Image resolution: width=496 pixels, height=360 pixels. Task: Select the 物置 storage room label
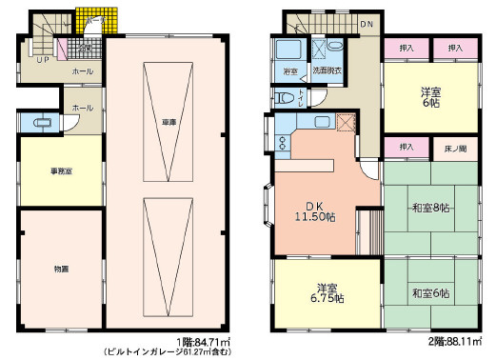click(x=60, y=270)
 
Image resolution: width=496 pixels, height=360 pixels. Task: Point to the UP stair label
click(x=42, y=59)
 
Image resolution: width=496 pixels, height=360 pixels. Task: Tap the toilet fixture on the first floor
click(x=41, y=122)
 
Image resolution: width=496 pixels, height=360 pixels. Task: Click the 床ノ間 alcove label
click(x=453, y=148)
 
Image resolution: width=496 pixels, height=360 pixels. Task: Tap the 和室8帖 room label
click(x=429, y=208)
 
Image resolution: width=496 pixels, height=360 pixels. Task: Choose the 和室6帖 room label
click(x=429, y=292)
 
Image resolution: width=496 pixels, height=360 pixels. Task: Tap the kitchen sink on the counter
click(x=322, y=122)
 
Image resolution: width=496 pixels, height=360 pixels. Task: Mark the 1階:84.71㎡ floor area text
click(x=201, y=340)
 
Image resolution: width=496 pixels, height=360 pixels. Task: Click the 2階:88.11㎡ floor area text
click(x=451, y=340)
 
